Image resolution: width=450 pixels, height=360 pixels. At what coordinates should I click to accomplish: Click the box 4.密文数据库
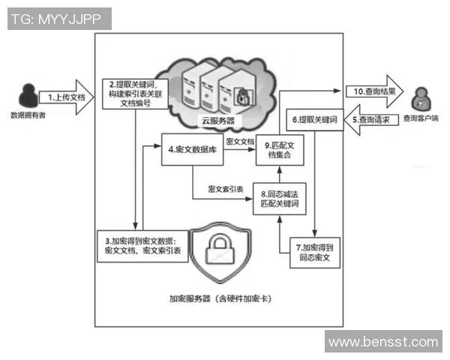point(192,149)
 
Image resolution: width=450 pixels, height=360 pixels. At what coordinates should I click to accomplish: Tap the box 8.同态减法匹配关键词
point(278,199)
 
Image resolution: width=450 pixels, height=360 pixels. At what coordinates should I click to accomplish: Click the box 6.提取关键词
point(315,120)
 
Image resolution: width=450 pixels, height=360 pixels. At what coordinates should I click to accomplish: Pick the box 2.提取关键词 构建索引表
point(134,94)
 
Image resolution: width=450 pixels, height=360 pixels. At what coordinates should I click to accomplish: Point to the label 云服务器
point(218,120)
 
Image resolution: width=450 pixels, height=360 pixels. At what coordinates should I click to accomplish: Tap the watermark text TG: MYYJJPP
point(59,19)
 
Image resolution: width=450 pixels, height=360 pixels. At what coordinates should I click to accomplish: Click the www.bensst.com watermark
point(383,342)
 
